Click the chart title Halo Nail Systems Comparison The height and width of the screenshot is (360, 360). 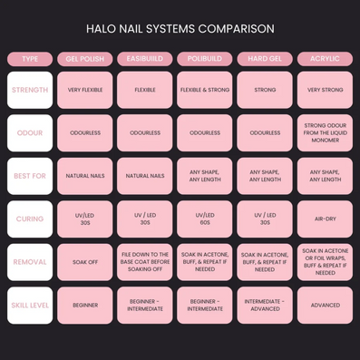180,29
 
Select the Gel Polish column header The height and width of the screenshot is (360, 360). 85,59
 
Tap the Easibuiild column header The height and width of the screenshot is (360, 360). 145,59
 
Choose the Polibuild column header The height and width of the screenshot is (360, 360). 205,59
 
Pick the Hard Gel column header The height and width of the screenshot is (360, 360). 265,59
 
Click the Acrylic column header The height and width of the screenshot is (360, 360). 325,59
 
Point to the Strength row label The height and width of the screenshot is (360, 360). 30,90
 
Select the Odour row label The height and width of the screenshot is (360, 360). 30,133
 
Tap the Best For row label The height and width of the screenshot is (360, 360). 30,176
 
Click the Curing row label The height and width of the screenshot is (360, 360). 30,219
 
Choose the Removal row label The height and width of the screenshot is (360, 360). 30,262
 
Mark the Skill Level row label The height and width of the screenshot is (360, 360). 30,306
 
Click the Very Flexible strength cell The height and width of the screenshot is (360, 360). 85,90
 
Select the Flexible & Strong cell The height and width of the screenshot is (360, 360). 205,90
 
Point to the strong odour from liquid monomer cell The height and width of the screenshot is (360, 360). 325,133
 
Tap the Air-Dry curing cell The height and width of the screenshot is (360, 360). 325,219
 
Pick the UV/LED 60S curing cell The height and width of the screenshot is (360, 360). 205,219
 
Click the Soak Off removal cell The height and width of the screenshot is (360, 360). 85,262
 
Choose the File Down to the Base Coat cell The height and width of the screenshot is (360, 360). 145,262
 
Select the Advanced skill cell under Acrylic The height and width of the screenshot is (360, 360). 325,306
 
